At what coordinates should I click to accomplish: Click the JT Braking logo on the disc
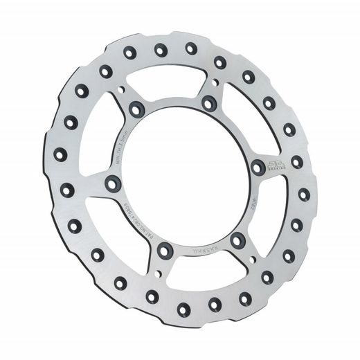click(x=276, y=163)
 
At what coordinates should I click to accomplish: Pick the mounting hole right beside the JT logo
click(x=258, y=166)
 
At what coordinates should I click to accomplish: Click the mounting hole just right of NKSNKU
click(x=237, y=240)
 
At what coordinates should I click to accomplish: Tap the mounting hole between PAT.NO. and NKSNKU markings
click(x=165, y=249)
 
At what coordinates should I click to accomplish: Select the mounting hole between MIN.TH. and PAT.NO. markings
click(x=111, y=184)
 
